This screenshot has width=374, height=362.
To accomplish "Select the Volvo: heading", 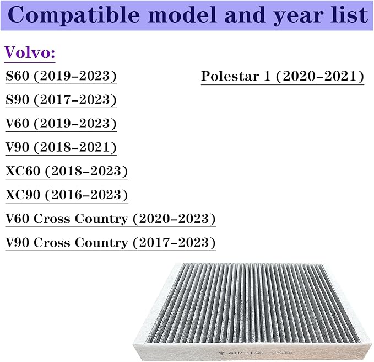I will (30, 53).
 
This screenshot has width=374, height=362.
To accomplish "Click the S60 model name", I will (18, 76).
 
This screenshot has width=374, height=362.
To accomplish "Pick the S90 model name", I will (18, 100).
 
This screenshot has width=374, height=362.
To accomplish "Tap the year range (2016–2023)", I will (87, 195).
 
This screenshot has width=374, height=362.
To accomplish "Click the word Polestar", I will (230, 76).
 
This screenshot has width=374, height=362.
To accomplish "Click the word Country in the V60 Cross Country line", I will (101, 219).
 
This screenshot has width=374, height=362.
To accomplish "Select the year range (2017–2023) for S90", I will (75, 100).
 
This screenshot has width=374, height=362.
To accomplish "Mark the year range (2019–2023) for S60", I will (75, 76).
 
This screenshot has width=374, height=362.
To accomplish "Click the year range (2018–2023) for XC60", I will (87, 171).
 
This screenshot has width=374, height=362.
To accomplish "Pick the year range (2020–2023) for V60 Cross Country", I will (174, 219).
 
